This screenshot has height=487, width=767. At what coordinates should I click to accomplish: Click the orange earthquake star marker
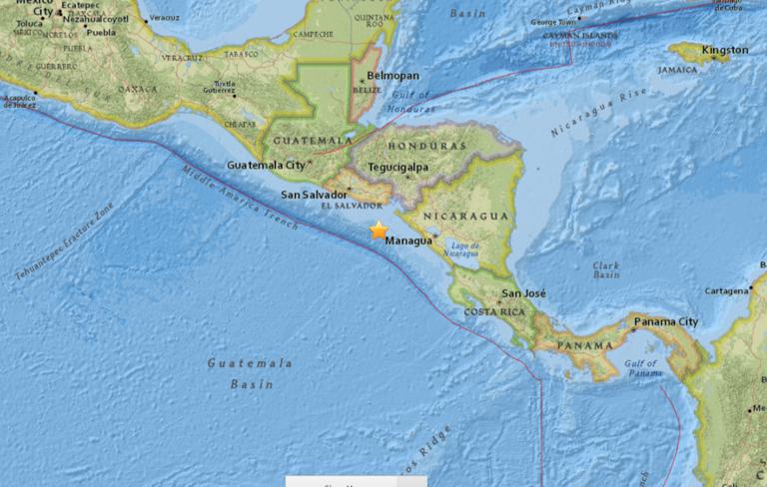click(x=379, y=231)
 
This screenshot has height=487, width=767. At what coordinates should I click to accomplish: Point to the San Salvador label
click(x=314, y=194)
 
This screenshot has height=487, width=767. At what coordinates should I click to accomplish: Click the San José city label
click(x=522, y=293)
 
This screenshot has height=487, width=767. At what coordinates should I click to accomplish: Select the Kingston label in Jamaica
click(x=724, y=50)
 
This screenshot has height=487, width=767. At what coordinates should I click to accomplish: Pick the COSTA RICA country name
click(x=494, y=311)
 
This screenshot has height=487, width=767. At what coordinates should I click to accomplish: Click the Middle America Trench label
click(x=239, y=201)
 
